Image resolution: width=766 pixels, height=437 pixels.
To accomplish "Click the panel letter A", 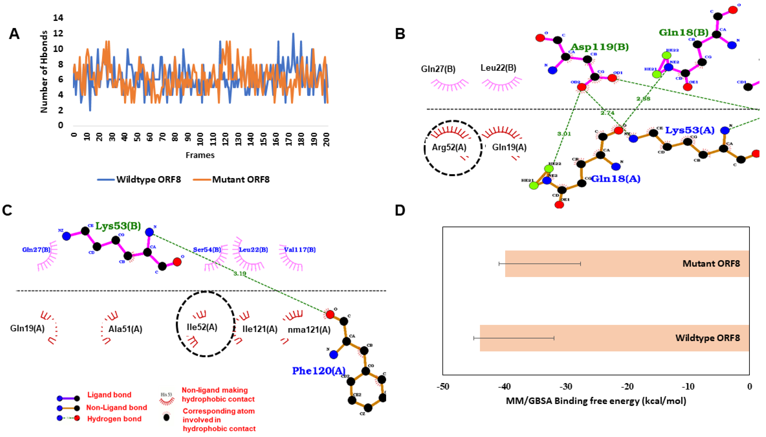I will [14, 34].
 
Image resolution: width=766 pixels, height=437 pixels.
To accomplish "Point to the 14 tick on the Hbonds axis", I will [58, 18].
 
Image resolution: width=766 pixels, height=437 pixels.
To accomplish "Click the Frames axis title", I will [200, 155].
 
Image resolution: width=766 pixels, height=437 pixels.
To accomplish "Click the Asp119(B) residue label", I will [599, 47].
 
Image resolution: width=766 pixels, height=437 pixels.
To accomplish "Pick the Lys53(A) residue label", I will [690, 130].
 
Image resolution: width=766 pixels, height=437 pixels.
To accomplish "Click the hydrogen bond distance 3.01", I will [564, 134].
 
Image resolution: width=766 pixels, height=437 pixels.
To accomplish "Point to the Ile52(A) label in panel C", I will [202, 327].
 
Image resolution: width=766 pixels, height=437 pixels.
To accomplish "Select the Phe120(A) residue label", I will [318, 371].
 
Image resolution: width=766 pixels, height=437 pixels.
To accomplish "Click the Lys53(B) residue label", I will [118, 226].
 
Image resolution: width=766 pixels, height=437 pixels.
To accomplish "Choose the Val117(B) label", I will [300, 249].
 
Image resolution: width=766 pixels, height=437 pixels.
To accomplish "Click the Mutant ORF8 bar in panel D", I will [627, 263].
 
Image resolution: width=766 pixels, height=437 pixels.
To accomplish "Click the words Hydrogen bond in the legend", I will [114, 419].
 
